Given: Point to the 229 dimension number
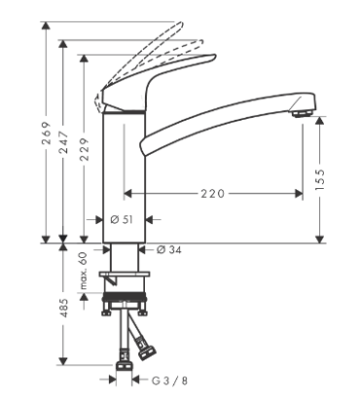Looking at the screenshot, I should click(85, 149).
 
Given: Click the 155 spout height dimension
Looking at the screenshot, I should click(321, 178).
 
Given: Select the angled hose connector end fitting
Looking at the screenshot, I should click(149, 343).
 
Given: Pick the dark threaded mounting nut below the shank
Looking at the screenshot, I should click(125, 293).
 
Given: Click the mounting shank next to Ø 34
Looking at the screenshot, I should click(125, 258).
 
